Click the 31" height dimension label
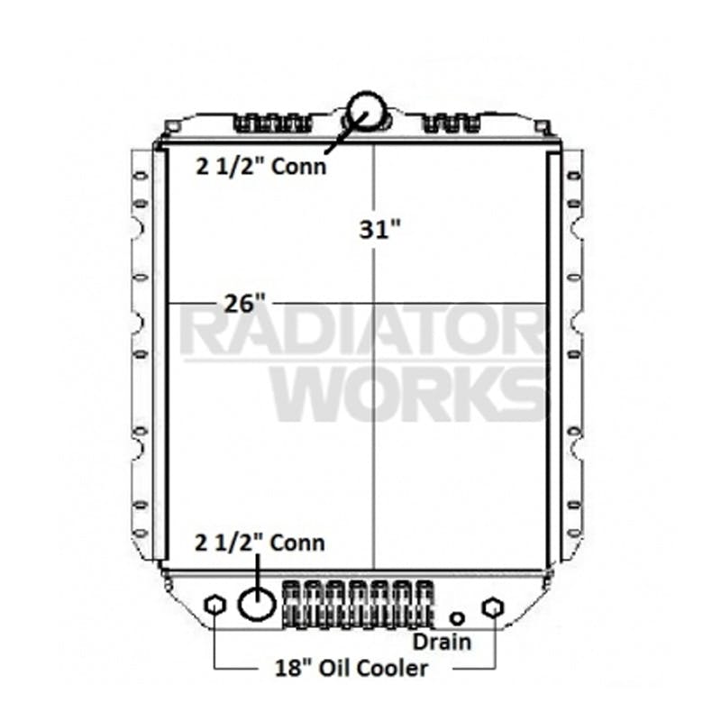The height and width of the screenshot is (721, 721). point(375,230)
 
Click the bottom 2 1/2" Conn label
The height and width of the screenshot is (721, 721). point(260,543)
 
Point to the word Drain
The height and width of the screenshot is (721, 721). point(442,642)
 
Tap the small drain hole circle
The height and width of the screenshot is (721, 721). point(458,618)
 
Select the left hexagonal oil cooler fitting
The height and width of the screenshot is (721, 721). point(214,605)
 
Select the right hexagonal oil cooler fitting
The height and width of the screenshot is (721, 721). point(492,607)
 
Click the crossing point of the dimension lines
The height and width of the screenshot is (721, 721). point(373,303)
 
